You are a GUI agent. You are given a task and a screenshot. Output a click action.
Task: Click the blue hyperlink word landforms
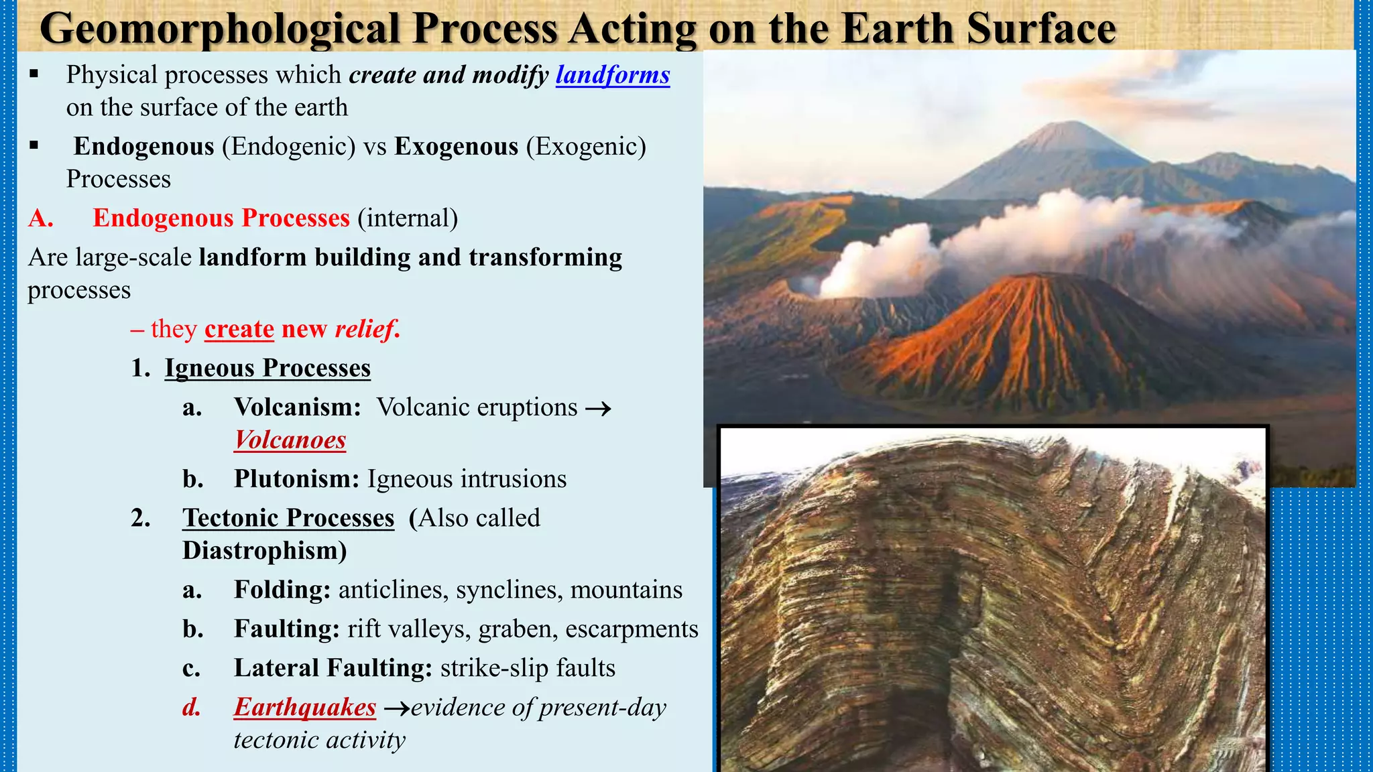point(612,75)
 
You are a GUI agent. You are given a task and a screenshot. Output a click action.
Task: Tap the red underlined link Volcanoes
point(290,440)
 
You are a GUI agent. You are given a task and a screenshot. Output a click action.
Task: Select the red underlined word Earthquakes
point(304,708)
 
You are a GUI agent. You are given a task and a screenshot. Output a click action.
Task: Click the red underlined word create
point(239,330)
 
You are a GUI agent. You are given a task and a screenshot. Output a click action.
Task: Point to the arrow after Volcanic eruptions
point(598,408)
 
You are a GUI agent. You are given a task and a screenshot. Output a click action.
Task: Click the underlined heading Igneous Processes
point(267,369)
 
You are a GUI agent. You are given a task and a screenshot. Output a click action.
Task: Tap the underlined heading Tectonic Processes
point(288,518)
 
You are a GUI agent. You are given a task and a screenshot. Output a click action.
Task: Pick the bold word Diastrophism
point(264,551)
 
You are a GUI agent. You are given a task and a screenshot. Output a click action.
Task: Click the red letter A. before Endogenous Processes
point(40,218)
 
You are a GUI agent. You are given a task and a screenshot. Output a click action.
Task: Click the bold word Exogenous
point(456,147)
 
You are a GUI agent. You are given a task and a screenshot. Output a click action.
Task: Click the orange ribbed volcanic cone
point(1032,335)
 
